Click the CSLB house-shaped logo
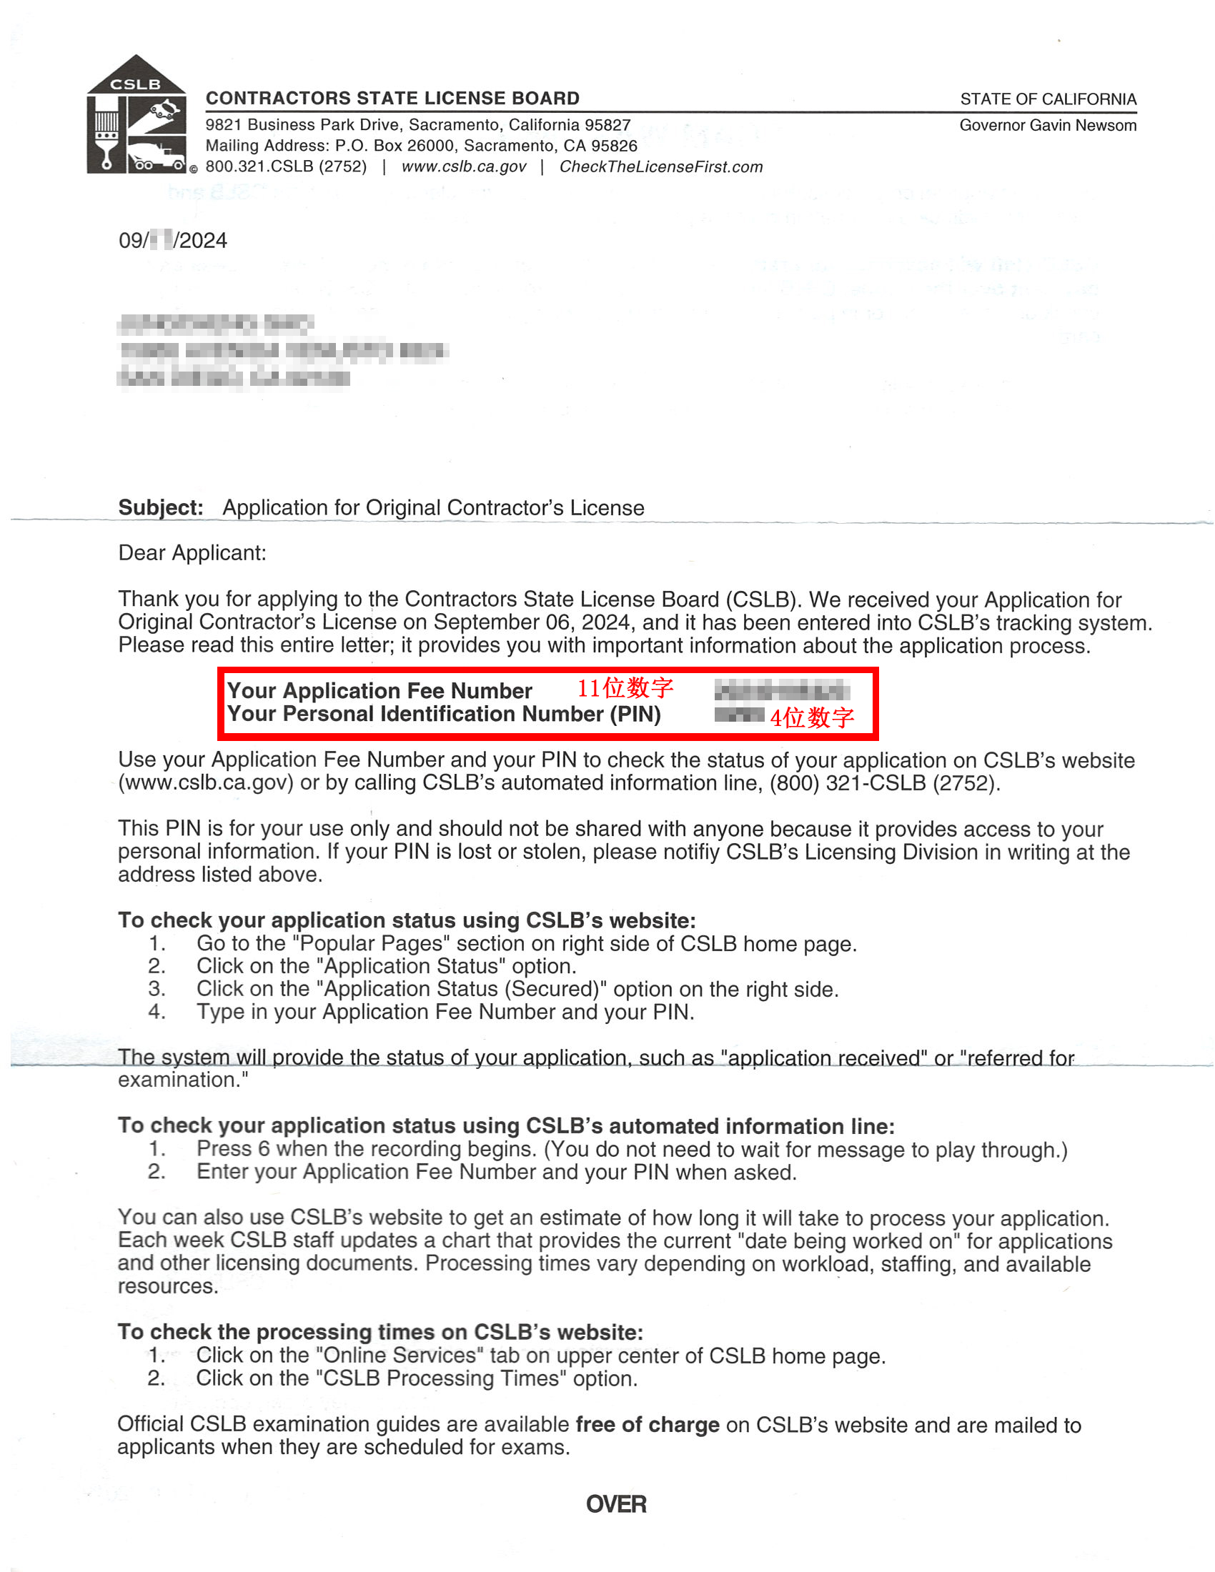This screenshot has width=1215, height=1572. [136, 115]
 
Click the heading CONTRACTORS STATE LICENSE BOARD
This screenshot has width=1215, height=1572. [392, 98]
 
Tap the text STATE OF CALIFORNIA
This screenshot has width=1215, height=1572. [1047, 99]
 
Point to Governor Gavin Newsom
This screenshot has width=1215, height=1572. [1047, 125]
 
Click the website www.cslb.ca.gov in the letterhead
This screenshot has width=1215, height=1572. [464, 167]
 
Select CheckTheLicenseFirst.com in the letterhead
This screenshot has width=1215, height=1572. [661, 167]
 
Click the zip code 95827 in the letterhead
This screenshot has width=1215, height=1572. [608, 125]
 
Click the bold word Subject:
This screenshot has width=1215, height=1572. [161, 507]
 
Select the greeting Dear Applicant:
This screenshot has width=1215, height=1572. [192, 553]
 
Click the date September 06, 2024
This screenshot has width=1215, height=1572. [531, 622]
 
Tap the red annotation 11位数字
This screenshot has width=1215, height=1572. [625, 688]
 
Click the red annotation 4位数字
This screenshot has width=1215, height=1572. [812, 717]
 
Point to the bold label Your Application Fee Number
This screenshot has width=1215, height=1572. [380, 691]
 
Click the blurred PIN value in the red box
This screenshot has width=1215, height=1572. [738, 715]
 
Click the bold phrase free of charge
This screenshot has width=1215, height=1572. [647, 1426]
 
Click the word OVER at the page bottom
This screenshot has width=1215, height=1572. [616, 1504]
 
